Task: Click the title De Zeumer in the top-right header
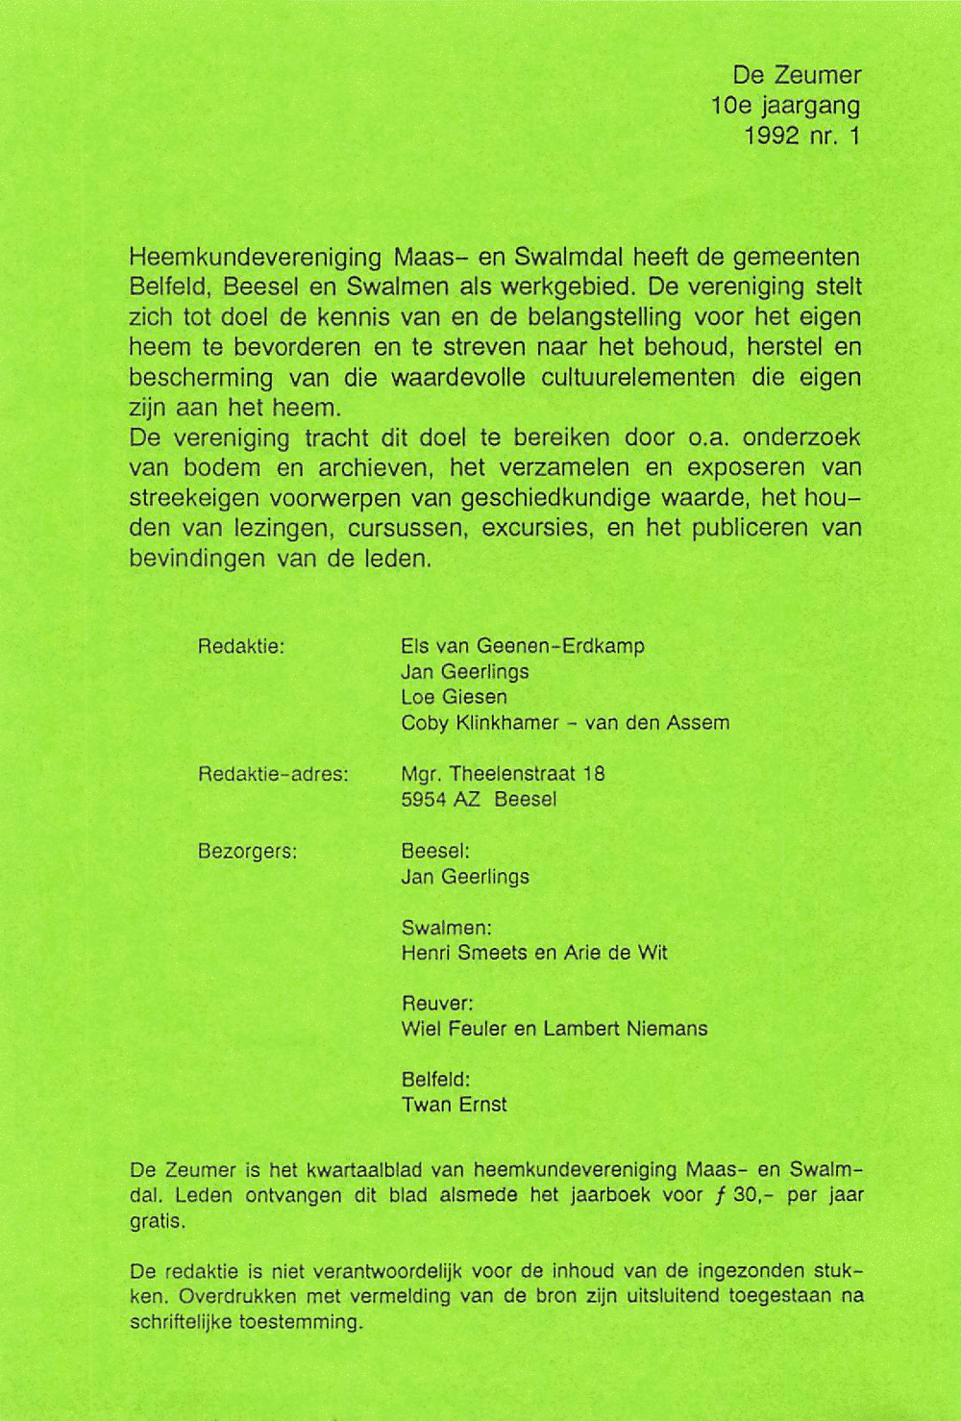coord(797,75)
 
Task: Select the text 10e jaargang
coord(785,105)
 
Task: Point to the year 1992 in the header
coord(772,136)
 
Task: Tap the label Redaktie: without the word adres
coord(241,646)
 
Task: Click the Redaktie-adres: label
coord(273,774)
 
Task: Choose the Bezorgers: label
coord(247,852)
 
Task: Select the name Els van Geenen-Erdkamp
coord(523,646)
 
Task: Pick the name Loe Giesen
coord(454,697)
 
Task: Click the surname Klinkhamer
coord(506,723)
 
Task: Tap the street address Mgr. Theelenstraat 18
coord(503,774)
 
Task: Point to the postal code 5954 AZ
coord(440,800)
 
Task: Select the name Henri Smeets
coord(465,953)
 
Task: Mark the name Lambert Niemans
coord(626,1029)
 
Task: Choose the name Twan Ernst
coord(454,1105)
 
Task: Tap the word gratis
coord(158,1222)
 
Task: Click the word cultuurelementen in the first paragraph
coord(638,378)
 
